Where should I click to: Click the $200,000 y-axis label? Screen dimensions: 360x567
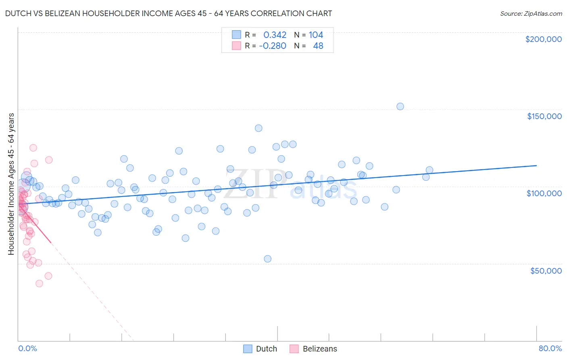pos(543,39)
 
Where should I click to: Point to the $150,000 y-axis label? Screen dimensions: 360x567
pos(544,116)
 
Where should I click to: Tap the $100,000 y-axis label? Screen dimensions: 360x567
pos(544,193)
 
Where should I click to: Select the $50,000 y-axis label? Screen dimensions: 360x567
pos(546,271)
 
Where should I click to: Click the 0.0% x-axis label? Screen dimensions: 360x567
pos(27,348)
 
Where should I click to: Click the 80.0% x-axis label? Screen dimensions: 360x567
pos(550,348)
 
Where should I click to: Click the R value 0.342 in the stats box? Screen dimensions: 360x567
pos(275,35)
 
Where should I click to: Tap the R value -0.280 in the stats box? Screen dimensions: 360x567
pos(273,46)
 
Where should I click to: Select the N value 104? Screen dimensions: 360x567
pos(316,35)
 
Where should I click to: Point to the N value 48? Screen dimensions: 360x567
pos(318,46)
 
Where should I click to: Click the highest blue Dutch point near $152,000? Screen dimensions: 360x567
pos(400,107)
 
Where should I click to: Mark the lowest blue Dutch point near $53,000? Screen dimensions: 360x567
pos(267,259)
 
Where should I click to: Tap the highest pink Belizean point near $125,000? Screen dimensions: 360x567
pos(33,148)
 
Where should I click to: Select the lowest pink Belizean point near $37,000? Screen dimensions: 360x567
pos(39,283)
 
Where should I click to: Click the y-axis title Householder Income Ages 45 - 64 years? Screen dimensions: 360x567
pos(11,184)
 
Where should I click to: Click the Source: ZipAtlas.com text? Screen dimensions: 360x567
pos(531,14)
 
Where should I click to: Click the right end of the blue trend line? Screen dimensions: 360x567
pos(536,165)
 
